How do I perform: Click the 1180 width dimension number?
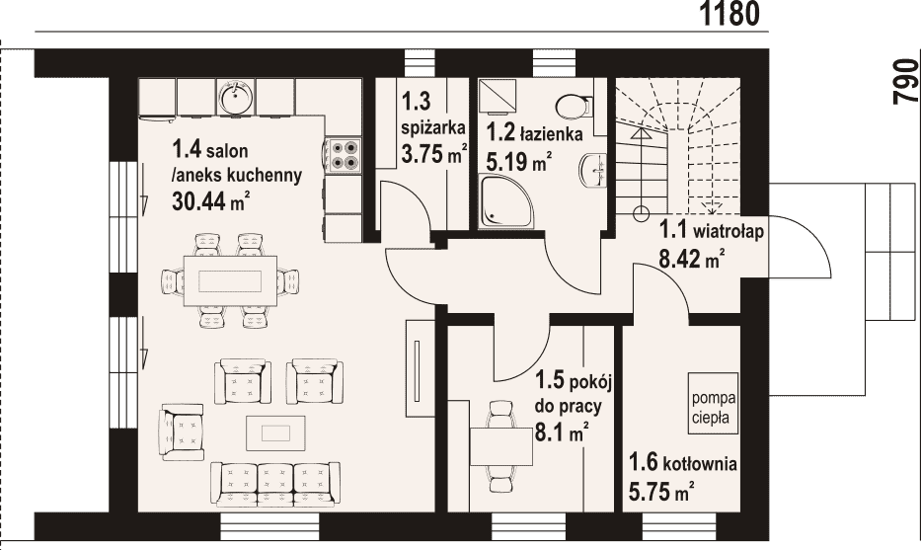(x=730, y=13)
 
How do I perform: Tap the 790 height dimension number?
(x=905, y=82)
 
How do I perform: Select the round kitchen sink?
(x=236, y=97)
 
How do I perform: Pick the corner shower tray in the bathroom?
(x=507, y=200)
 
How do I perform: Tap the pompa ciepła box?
(x=713, y=404)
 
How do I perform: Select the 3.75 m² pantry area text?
(x=433, y=153)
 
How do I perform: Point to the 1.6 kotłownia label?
(x=683, y=463)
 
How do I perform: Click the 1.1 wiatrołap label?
(x=712, y=230)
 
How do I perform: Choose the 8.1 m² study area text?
(x=562, y=434)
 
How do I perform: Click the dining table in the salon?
(x=230, y=280)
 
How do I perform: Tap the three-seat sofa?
(x=275, y=484)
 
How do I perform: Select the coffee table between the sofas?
(x=275, y=433)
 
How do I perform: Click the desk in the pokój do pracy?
(x=501, y=446)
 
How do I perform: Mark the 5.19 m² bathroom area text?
(x=519, y=162)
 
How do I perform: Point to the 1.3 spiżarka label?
(x=433, y=114)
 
